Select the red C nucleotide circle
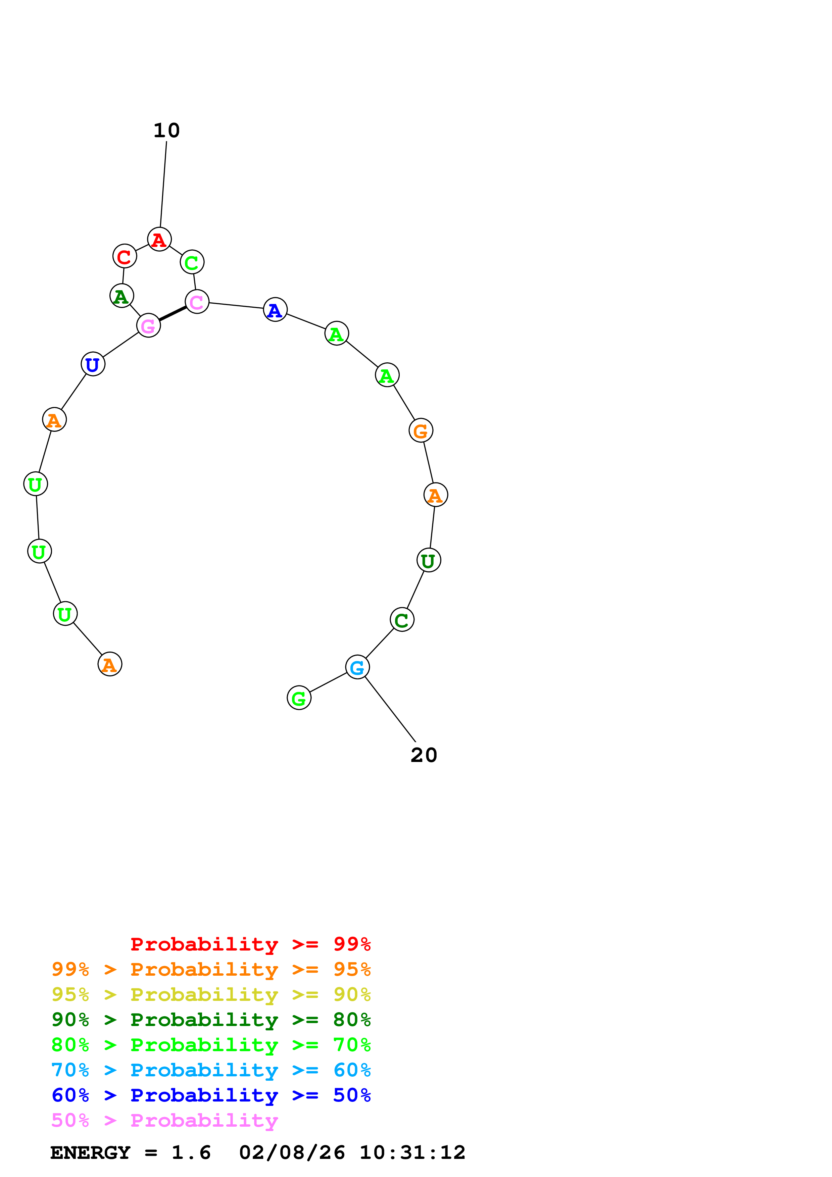(x=125, y=256)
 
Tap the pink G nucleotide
(x=148, y=325)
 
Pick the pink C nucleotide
(x=197, y=302)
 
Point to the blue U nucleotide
(x=93, y=364)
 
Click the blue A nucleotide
(x=275, y=310)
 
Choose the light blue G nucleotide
(x=357, y=667)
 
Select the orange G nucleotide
(x=421, y=430)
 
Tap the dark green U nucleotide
(x=429, y=560)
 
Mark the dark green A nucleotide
(x=121, y=296)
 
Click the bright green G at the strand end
(x=299, y=698)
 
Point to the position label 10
(x=166, y=131)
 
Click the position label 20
(x=424, y=755)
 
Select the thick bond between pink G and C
(x=173, y=314)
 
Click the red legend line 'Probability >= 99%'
(x=251, y=944)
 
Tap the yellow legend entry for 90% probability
(x=211, y=994)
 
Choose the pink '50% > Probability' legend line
(x=164, y=1120)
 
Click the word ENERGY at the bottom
(x=90, y=1153)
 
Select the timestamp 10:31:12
(x=413, y=1153)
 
